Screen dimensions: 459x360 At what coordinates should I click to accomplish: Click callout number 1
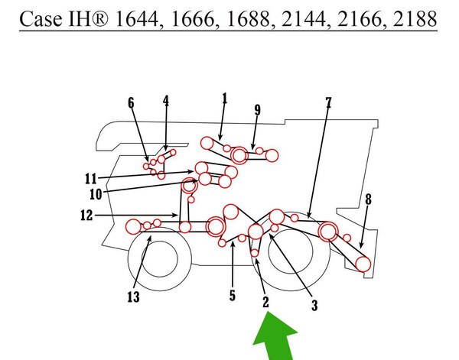(225, 99)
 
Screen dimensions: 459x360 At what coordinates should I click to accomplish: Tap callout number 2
(265, 302)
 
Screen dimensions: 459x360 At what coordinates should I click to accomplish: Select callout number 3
(314, 305)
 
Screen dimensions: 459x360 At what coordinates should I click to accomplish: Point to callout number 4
(166, 101)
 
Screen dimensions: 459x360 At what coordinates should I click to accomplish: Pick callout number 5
(233, 295)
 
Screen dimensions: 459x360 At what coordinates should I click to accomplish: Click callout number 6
(131, 103)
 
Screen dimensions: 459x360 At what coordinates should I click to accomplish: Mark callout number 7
(328, 102)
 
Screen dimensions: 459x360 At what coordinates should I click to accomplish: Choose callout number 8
(368, 199)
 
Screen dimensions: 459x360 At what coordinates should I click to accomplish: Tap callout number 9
(257, 110)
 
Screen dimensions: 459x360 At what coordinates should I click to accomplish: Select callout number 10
(96, 194)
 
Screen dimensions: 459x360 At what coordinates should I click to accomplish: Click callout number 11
(91, 178)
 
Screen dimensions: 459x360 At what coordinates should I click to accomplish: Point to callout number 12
(86, 216)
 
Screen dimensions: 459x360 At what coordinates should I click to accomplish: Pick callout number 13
(133, 297)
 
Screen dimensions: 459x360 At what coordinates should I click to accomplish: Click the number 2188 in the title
(415, 18)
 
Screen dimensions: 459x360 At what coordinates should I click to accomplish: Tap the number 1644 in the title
(137, 18)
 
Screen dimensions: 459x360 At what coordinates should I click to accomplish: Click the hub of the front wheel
(160, 259)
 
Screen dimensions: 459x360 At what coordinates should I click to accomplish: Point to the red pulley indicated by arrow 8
(363, 264)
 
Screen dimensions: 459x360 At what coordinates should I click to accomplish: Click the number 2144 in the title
(303, 18)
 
